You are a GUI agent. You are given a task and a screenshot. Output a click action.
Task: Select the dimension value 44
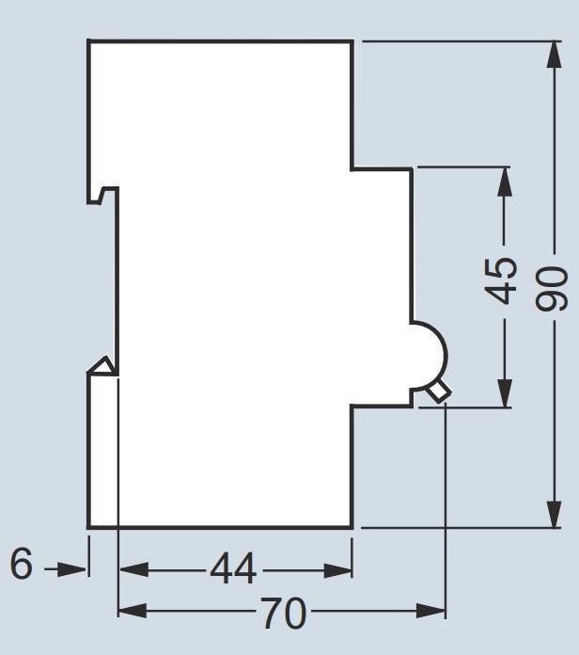pos(233,569)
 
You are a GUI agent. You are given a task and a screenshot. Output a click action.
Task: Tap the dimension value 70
pos(285,613)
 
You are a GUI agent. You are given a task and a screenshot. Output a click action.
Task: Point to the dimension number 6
pos(21,564)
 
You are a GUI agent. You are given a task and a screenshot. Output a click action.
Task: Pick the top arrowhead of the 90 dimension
pos(554,54)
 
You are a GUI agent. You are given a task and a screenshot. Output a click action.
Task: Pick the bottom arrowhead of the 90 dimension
pos(554,515)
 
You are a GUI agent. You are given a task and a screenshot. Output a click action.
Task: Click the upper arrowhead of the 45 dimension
pos(505,182)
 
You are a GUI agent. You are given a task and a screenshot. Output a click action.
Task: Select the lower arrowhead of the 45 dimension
pos(505,392)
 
